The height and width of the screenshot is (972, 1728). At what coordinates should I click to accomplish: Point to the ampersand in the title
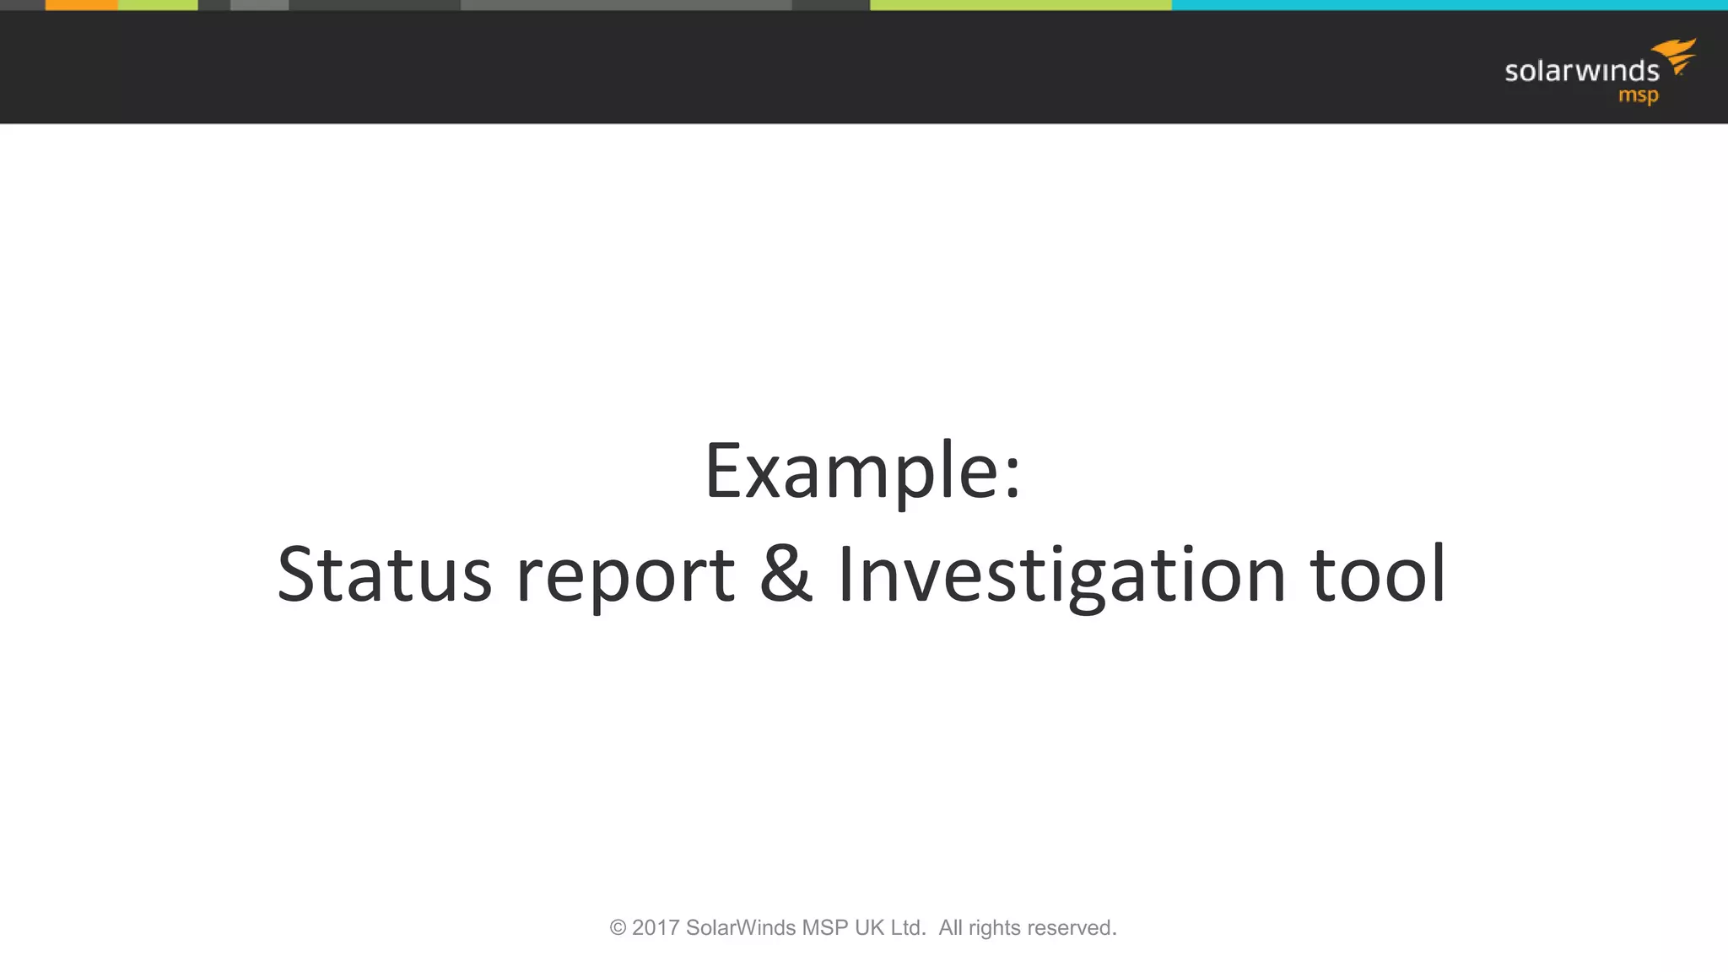[x=786, y=574]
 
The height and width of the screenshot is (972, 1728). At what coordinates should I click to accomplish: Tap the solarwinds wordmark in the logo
[x=1581, y=71]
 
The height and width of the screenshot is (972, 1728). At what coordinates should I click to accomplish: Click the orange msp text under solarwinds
[x=1638, y=95]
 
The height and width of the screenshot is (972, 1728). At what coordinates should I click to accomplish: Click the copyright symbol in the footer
[x=618, y=928]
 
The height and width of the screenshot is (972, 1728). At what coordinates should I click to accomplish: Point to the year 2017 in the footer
[x=656, y=928]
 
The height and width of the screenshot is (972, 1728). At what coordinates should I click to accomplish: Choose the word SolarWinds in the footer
[x=740, y=928]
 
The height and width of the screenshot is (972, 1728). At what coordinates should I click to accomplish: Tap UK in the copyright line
[x=869, y=928]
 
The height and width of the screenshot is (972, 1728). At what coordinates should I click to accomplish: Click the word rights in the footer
[x=994, y=928]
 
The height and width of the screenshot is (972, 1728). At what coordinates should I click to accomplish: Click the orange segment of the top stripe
[x=81, y=5]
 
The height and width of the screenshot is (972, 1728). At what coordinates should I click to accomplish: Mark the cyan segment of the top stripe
[x=1450, y=5]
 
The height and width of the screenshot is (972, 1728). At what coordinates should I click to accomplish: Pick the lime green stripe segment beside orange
[x=158, y=5]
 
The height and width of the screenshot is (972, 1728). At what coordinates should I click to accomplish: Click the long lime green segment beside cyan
[x=1020, y=5]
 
